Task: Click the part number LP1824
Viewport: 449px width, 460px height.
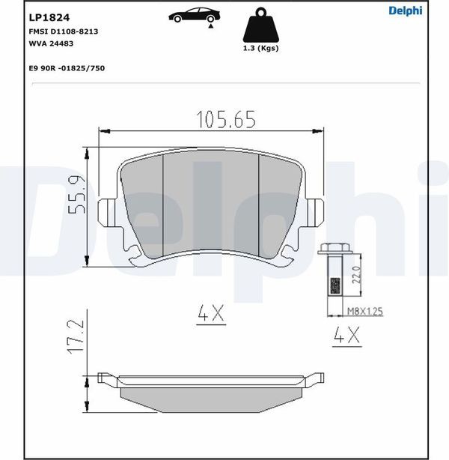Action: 49,17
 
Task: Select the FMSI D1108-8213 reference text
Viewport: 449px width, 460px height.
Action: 64,31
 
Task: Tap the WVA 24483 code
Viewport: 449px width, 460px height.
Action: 51,43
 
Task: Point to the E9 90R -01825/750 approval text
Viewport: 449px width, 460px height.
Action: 67,68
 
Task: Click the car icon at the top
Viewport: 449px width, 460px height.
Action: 194,15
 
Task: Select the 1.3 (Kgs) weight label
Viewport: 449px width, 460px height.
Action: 260,48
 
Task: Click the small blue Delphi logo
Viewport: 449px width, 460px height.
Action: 406,10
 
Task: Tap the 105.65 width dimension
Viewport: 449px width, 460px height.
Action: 226,119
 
